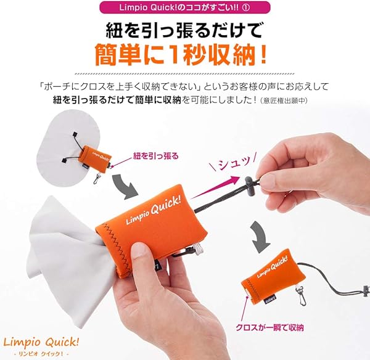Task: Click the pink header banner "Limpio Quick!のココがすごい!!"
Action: pos(185,8)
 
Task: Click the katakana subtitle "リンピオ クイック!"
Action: pos(41,353)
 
